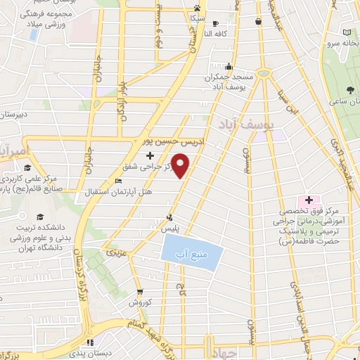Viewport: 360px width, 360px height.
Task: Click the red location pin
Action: pos(181,166)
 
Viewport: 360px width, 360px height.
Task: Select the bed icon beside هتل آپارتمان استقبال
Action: pos(117,181)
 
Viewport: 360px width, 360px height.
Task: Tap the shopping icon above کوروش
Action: pos(141,291)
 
